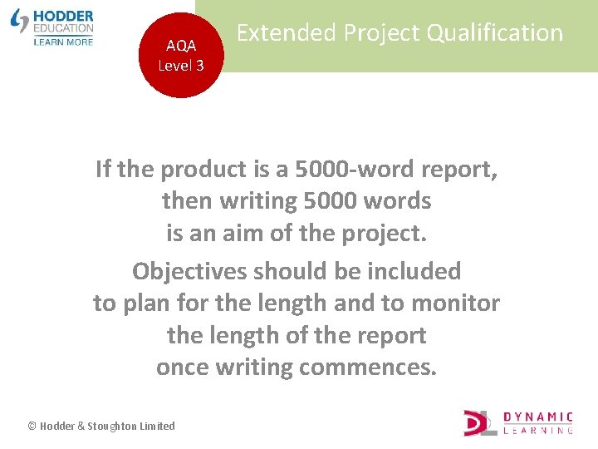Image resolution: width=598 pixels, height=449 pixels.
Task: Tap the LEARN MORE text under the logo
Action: pos(64,42)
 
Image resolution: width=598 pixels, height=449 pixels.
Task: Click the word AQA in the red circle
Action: pos(181,47)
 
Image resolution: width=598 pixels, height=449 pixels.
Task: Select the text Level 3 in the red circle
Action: pos(181,66)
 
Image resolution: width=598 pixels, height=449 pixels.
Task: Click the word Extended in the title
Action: pos(287,33)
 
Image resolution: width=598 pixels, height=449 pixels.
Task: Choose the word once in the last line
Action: pos(182,368)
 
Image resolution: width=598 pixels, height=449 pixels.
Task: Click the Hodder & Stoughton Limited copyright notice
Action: pos(101,426)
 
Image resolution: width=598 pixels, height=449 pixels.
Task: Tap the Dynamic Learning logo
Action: pos(518,422)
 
